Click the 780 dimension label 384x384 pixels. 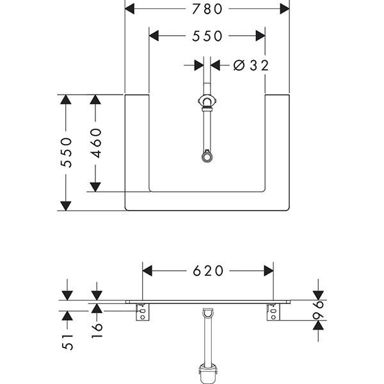pos(207,9)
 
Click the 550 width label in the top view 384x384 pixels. pos(207,36)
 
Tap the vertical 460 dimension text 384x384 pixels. pos(96,143)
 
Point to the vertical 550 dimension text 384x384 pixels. pos(66,153)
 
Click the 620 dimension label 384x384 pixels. pos(207,271)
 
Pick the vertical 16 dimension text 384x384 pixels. pos(97,331)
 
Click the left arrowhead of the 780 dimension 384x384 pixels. pos(129,9)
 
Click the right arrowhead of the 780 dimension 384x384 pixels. pos(285,9)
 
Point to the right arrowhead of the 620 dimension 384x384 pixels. pos(268,271)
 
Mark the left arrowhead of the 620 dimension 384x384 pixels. pos(147,271)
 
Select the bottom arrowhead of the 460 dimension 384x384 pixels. pos(95,186)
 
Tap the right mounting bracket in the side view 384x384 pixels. pos(273,313)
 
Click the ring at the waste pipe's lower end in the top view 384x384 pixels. pos(207,156)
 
